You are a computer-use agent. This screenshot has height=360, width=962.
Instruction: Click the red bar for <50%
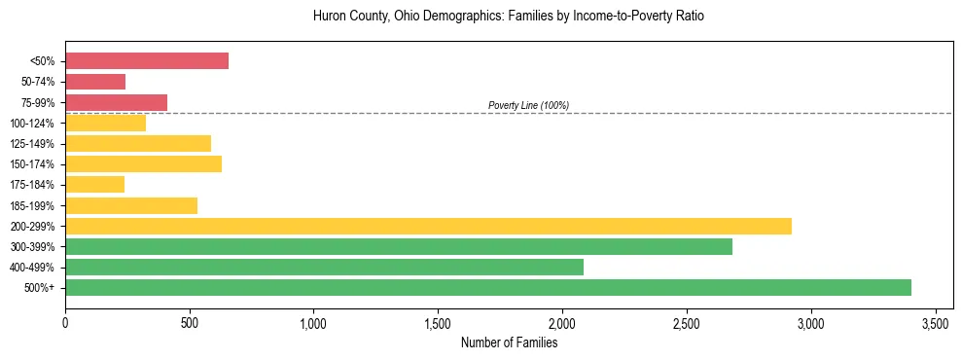(x=147, y=61)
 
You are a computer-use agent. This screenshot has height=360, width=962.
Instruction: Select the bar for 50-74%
(x=95, y=82)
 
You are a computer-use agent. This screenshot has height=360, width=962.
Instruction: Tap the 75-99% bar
(x=116, y=102)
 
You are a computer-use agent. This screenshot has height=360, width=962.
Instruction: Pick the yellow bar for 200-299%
(x=428, y=226)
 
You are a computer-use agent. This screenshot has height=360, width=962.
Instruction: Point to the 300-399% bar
(x=399, y=246)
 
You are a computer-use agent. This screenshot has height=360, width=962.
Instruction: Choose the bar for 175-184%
(x=94, y=184)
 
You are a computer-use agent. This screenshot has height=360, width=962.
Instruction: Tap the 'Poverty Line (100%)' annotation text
(x=528, y=105)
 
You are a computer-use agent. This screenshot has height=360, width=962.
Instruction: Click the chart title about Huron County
(x=509, y=17)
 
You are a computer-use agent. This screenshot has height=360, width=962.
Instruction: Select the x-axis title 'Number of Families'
(x=509, y=342)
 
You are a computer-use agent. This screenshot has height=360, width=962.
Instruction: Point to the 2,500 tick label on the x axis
(x=687, y=322)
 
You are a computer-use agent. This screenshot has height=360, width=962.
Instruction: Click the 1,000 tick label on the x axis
(x=314, y=322)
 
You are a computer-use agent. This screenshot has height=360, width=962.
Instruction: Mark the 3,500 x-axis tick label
(x=936, y=322)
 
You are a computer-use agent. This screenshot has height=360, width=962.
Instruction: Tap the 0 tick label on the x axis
(x=65, y=322)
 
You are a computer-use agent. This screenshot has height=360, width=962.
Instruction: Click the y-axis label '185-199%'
(x=38, y=205)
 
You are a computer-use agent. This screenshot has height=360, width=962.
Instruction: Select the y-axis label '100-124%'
(x=38, y=124)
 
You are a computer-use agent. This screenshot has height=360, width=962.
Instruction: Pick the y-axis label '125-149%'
(x=38, y=144)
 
